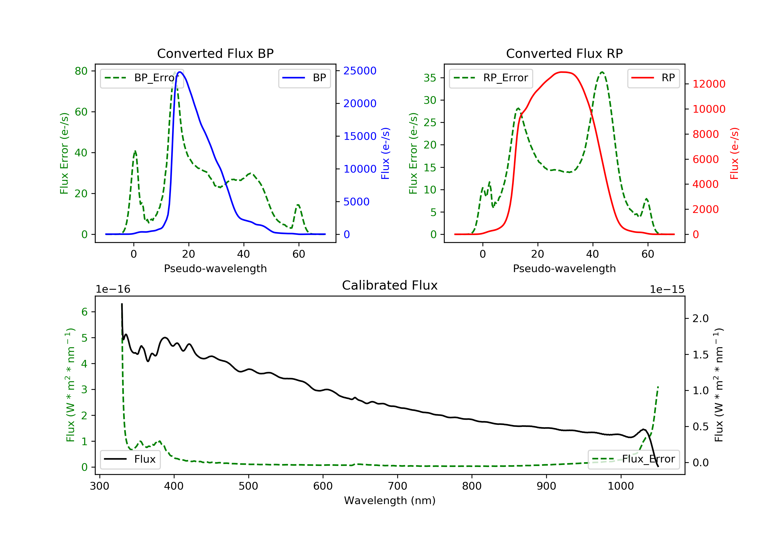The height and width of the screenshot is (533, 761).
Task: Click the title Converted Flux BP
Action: point(215,53)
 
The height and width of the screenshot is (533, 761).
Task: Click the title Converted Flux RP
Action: point(564,53)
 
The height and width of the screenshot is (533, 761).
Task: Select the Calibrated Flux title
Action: point(390,285)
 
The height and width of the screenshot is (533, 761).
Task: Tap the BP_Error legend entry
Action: point(142,78)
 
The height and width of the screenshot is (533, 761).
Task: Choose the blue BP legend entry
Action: point(304,78)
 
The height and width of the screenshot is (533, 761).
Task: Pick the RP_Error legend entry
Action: point(491,78)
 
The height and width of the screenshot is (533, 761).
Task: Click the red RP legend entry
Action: point(653,78)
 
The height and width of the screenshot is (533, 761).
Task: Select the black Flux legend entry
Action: point(130,459)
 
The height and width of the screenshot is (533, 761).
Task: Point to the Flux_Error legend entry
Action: point(633,459)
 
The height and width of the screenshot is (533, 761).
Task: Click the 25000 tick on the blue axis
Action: point(360,71)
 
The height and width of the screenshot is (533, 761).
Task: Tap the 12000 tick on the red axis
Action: point(709,84)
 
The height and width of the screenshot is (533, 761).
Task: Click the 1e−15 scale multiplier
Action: point(667,289)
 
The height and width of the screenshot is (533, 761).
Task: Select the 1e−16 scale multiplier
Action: point(113,289)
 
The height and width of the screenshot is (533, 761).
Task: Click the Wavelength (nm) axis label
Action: point(390,501)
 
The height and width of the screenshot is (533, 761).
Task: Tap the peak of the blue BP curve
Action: point(180,72)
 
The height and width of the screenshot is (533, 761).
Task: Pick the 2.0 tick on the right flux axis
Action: point(701,319)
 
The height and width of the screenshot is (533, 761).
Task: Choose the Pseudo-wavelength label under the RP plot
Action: point(564,268)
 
